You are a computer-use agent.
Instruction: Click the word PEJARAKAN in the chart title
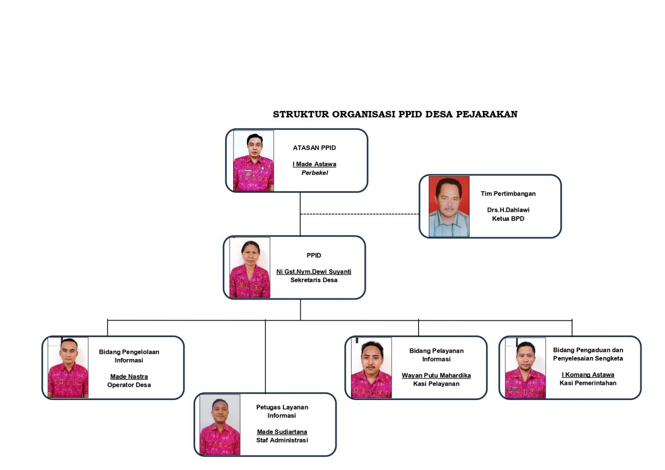(x=486, y=114)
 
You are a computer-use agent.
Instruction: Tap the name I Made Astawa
(x=314, y=164)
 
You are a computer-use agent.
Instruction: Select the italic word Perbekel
(x=314, y=173)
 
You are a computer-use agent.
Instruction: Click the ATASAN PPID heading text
(x=314, y=148)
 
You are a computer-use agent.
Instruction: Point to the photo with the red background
(x=449, y=206)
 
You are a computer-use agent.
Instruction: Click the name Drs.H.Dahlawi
(x=508, y=210)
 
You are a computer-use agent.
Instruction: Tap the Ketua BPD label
(x=508, y=218)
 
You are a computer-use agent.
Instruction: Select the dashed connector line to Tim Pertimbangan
(x=359, y=214)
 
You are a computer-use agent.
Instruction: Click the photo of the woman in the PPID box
(x=250, y=267)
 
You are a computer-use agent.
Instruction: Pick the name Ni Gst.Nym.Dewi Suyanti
(x=314, y=271)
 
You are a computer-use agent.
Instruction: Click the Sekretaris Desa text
(x=314, y=280)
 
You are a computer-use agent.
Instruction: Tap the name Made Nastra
(x=129, y=377)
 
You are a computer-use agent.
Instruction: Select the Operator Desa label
(x=129, y=385)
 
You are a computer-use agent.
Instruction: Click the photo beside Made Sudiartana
(x=220, y=424)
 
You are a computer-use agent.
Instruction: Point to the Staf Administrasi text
(x=282, y=440)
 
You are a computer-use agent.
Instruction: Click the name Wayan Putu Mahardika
(x=436, y=375)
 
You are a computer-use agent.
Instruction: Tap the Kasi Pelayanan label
(x=436, y=384)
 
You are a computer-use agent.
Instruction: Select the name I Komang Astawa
(x=588, y=375)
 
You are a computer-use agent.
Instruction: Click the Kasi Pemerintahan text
(x=588, y=383)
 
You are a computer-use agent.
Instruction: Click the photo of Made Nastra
(x=68, y=367)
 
